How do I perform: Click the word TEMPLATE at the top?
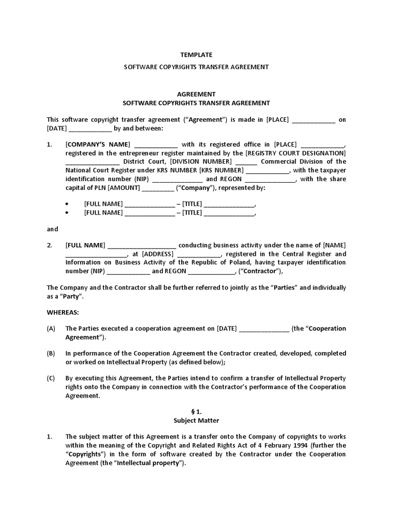tap(196, 55)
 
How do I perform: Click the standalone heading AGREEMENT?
tap(196, 94)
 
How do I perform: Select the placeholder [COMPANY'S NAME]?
tap(98, 144)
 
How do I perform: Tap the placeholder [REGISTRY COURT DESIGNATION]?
tap(296, 153)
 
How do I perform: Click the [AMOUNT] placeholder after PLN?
tap(123, 188)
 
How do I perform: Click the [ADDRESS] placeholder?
tap(158, 254)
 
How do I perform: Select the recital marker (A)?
tap(51, 329)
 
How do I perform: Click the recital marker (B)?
tap(51, 354)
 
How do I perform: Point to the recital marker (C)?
tap(51, 378)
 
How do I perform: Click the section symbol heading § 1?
tap(196, 412)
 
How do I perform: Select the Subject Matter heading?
tap(196, 421)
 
